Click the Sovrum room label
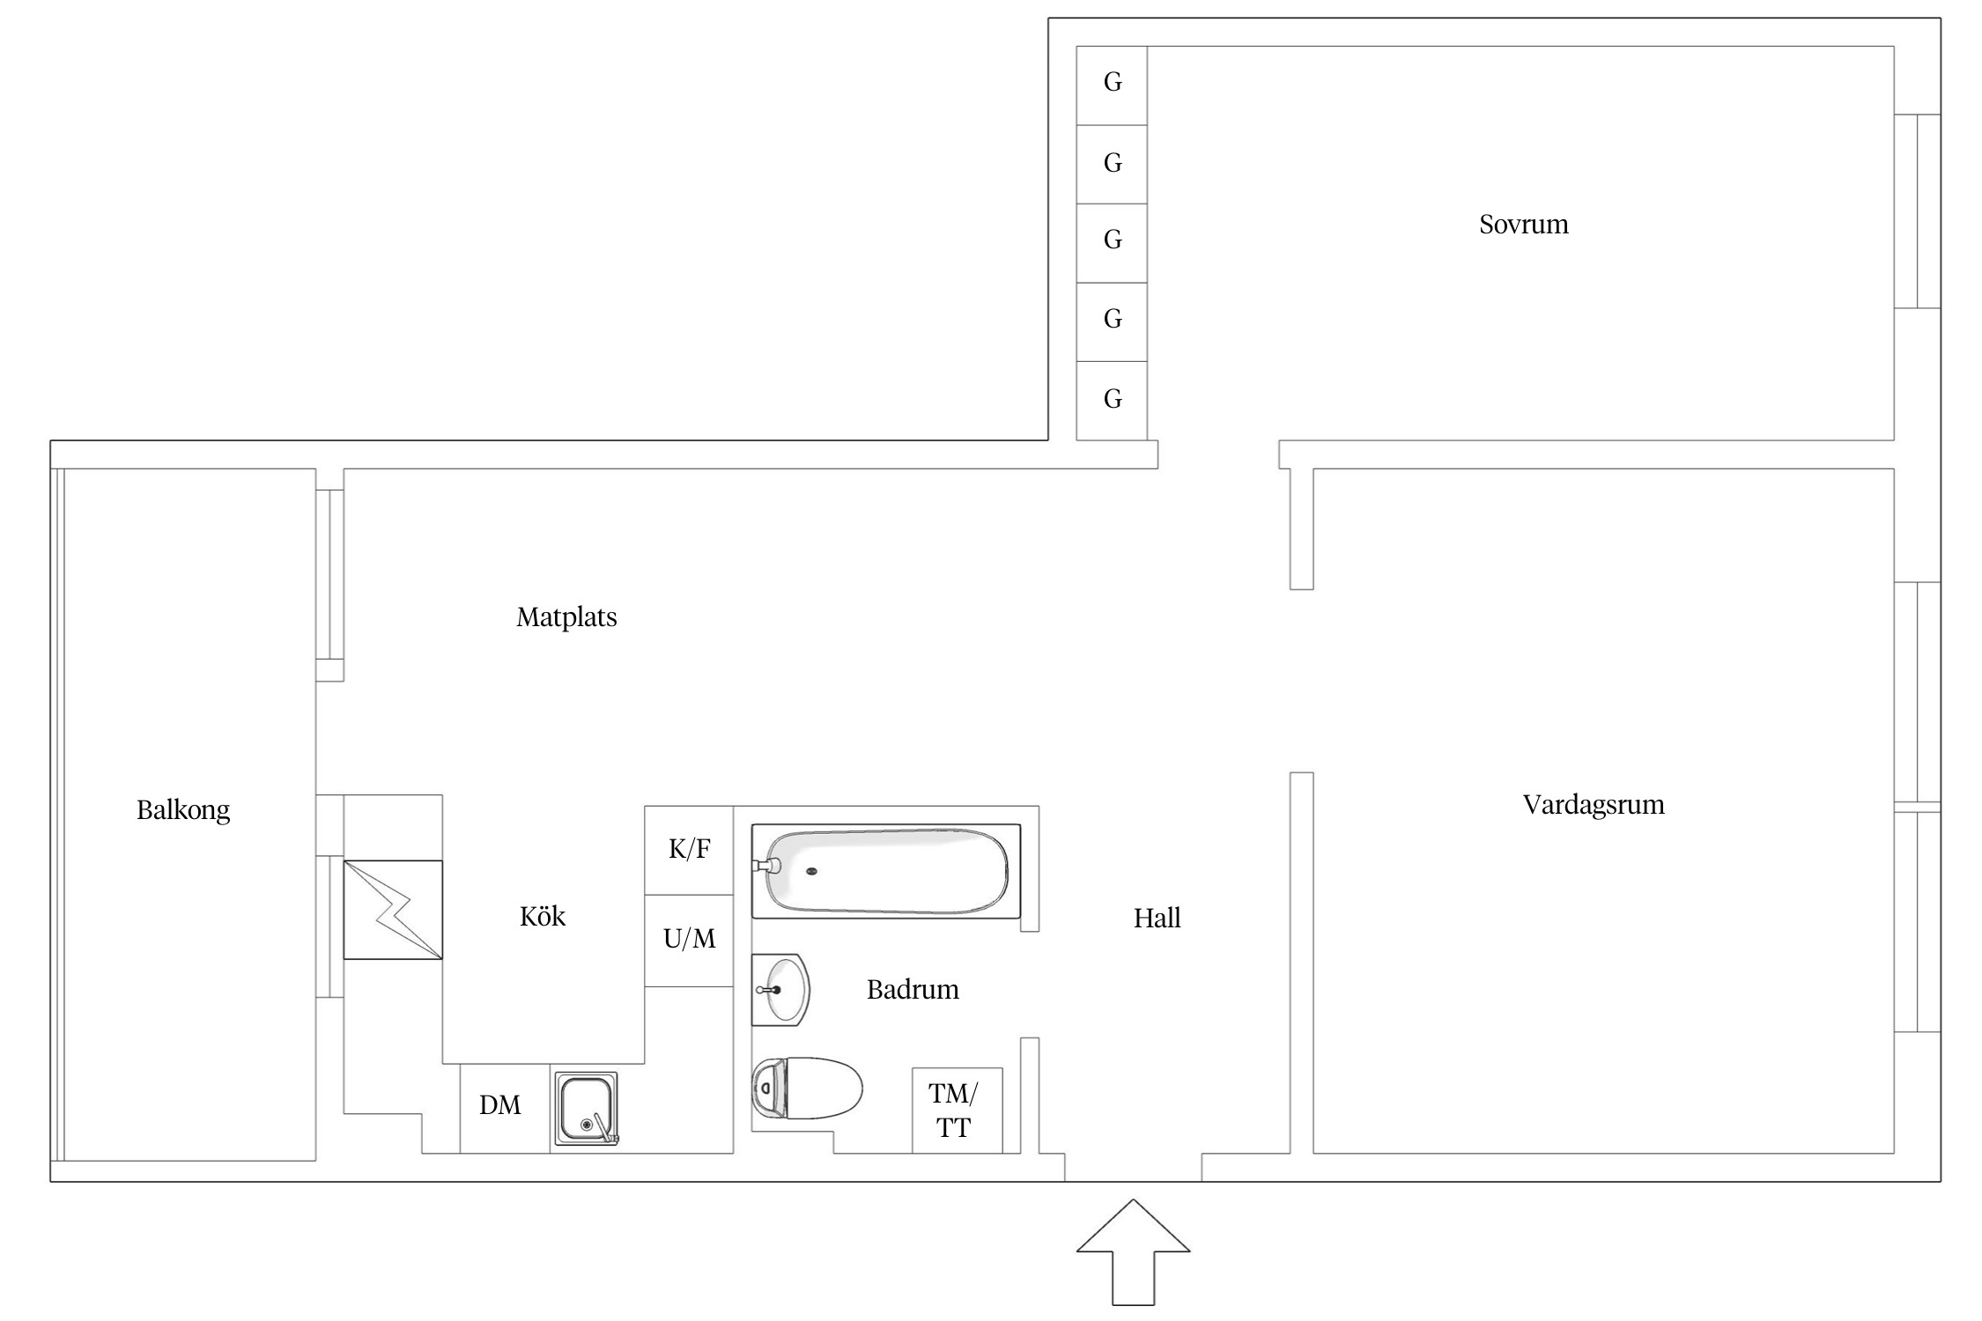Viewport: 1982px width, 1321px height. click(1523, 225)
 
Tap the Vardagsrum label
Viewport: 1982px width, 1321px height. click(1593, 805)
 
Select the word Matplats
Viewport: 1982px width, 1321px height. click(566, 617)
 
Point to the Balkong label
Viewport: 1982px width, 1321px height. click(183, 810)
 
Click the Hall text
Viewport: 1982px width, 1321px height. click(1157, 919)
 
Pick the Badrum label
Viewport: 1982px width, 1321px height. click(913, 990)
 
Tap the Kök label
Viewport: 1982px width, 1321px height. click(543, 917)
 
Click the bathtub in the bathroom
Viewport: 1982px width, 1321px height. click(885, 871)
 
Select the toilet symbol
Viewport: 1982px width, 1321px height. click(806, 1089)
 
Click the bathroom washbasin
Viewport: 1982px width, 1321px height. click(780, 990)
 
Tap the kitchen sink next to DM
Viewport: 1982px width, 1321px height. click(586, 1109)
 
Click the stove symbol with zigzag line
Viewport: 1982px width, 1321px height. click(393, 910)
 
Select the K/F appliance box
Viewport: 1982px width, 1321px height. click(689, 850)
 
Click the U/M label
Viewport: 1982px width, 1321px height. click(689, 940)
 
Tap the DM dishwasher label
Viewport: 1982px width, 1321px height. click(500, 1106)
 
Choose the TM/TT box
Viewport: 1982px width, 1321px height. click(956, 1111)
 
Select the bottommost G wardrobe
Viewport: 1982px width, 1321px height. click(1112, 400)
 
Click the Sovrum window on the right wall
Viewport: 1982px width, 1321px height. click(1918, 211)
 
